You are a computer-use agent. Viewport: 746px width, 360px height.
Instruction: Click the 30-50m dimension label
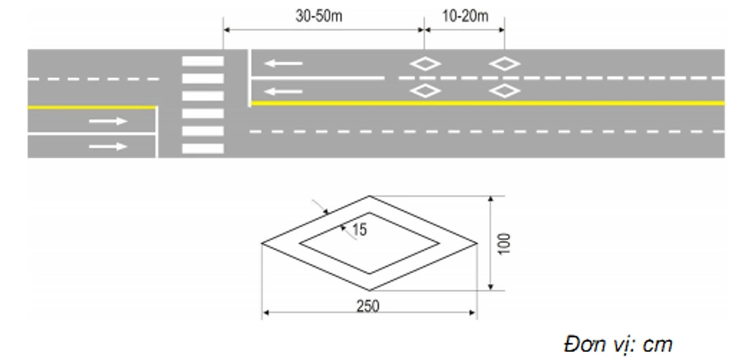319,16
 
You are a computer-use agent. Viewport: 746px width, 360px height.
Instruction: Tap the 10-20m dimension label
465,16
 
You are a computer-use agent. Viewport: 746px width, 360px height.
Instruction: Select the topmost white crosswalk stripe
203,61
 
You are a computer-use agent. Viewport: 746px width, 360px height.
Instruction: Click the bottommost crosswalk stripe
203,148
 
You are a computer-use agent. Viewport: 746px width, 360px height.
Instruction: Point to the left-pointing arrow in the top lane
283,63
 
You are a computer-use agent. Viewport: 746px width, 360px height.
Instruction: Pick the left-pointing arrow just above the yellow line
283,91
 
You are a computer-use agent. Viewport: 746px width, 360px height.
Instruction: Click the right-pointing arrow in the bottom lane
109,146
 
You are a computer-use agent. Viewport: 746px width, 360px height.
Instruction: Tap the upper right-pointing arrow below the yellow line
109,121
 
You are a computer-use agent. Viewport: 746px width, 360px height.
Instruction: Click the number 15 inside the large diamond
360,230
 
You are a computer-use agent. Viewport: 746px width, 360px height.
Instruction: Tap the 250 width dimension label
368,306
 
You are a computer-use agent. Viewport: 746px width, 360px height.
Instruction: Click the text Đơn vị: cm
618,344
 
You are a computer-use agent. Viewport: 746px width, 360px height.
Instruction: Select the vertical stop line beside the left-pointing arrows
249,78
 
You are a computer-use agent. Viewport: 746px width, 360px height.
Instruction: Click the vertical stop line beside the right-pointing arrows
157,132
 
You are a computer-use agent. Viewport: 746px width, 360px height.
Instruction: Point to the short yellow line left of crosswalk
92,108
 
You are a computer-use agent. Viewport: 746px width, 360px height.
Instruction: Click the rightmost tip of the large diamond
477,243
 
